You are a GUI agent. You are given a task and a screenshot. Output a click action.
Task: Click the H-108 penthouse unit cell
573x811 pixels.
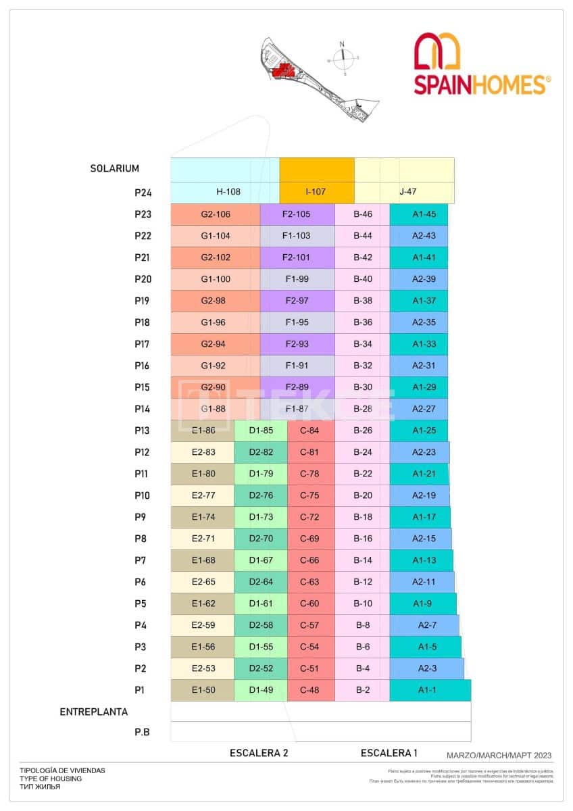228,191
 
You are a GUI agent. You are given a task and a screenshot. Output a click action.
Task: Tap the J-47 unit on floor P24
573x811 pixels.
407,191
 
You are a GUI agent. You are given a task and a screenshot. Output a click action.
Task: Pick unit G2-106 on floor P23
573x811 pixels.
216,214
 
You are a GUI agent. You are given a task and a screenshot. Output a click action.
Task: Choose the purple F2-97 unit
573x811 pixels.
297,301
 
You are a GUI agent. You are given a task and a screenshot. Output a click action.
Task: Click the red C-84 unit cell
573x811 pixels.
309,431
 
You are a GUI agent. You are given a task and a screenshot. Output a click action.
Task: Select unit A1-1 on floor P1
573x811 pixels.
427,690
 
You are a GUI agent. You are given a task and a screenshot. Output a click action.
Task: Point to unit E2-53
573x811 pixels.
203,668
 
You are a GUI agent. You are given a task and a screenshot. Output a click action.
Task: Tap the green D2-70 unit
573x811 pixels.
261,539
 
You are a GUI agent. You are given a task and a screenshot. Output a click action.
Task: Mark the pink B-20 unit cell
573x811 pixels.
363,495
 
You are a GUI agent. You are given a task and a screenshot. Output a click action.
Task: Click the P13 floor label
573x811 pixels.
143,431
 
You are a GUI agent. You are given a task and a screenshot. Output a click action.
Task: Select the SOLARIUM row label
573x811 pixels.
114,168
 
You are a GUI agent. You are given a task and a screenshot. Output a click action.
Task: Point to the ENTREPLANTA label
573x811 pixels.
93,712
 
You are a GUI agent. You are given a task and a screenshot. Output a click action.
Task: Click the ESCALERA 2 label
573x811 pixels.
259,754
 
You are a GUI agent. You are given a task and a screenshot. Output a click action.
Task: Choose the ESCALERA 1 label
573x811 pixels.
389,753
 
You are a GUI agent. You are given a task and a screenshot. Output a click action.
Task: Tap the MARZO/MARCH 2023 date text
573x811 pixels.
499,756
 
